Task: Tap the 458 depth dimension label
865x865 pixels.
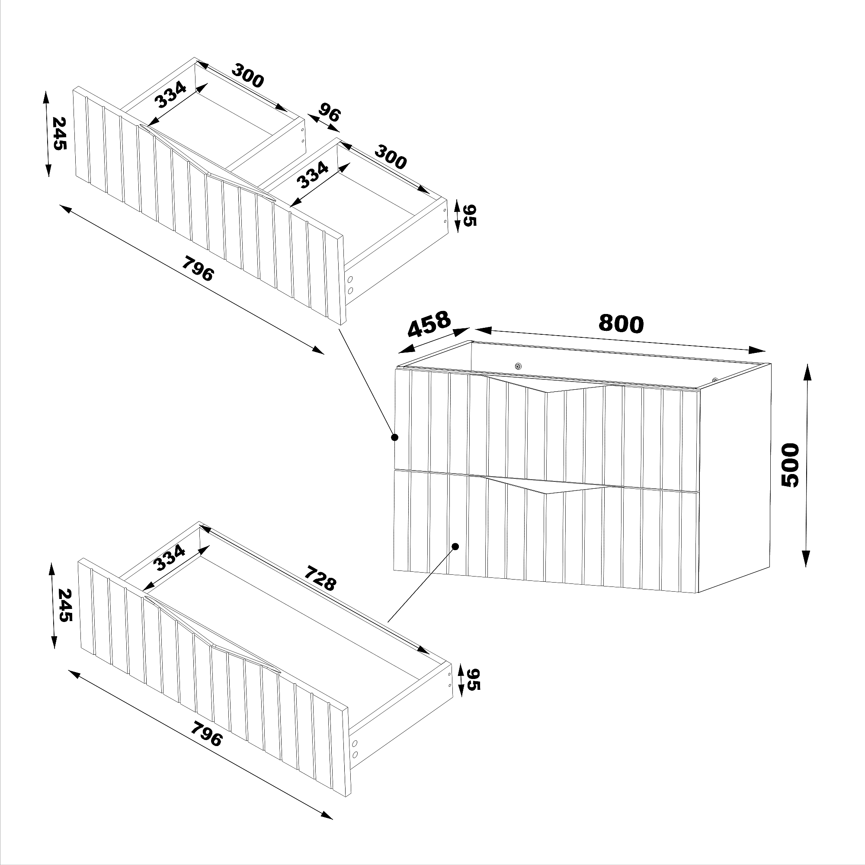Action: point(429,324)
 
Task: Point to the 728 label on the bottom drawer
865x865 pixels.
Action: point(320,578)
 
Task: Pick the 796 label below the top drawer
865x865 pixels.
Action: point(198,268)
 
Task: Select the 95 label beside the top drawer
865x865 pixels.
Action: point(470,215)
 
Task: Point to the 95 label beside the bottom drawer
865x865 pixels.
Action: point(473,692)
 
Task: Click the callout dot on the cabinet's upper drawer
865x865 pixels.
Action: point(394,437)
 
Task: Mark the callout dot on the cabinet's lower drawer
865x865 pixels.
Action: point(455,547)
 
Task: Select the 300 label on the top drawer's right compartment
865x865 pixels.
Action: point(391,157)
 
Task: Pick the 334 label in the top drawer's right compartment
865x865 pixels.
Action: point(313,175)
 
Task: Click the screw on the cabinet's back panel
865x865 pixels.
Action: point(519,366)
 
